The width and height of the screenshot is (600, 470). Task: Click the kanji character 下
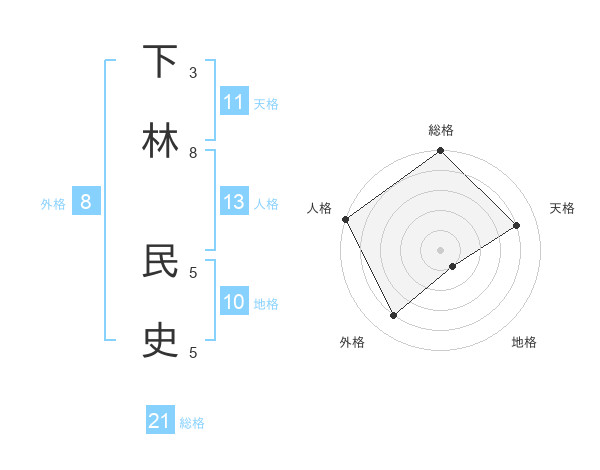tap(161, 62)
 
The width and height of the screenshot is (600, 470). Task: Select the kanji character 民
tap(161, 261)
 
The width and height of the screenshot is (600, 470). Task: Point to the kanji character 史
tap(161, 341)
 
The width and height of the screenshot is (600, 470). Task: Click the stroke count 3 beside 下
tap(193, 72)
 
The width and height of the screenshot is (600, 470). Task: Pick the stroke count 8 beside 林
tap(193, 152)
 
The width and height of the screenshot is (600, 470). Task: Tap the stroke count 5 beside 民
tap(193, 271)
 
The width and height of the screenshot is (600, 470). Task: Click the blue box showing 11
tap(234, 102)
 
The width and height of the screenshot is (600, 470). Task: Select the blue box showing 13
tap(234, 202)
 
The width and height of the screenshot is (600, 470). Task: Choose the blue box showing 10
tap(234, 302)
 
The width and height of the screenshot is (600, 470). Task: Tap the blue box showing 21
tap(160, 421)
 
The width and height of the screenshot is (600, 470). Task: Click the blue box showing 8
tap(86, 202)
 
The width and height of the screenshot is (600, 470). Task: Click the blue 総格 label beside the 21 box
tap(192, 423)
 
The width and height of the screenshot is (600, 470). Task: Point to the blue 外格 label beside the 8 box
tap(53, 204)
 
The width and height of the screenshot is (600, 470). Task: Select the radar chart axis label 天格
tap(563, 208)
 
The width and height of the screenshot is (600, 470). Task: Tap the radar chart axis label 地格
tap(524, 342)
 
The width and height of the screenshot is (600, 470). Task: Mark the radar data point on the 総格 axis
tap(441, 151)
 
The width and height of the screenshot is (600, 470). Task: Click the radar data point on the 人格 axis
tap(345, 219)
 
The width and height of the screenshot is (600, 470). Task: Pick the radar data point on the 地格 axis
tap(453, 266)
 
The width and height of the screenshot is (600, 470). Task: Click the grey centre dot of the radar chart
tap(441, 249)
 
